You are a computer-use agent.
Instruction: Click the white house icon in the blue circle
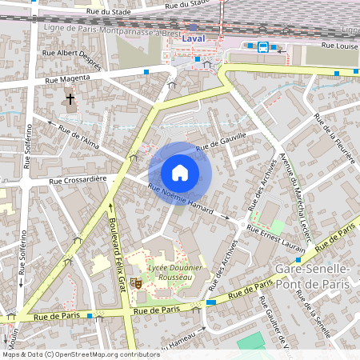pos(180,173)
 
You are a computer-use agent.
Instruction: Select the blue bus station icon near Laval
pos(262,46)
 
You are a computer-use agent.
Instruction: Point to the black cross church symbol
pos(70,100)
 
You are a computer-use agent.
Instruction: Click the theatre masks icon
pos(137,283)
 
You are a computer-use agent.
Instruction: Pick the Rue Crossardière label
pos(78,181)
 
